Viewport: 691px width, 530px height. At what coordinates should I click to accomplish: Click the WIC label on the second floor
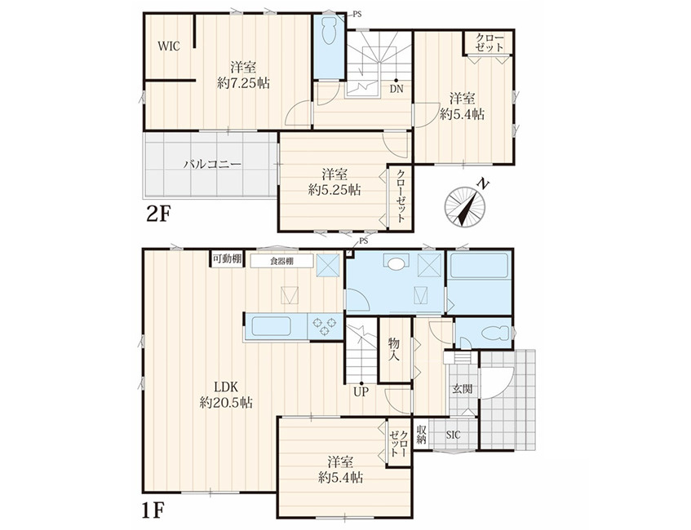coord(169,46)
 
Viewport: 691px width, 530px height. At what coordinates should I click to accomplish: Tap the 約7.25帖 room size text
coord(244,83)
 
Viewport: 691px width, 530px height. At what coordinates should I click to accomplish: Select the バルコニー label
coord(213,165)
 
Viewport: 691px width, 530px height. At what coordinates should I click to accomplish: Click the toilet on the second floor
coord(329,30)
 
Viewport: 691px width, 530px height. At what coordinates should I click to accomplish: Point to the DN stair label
coord(396,89)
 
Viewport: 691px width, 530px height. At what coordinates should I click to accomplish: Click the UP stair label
coord(361,391)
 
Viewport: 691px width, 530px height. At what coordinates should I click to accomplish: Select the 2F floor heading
coord(157,214)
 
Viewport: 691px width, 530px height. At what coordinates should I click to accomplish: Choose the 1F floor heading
coord(153,511)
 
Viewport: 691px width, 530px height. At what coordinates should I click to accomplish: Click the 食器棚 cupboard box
coord(282,261)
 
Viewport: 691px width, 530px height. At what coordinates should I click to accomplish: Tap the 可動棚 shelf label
coord(227,259)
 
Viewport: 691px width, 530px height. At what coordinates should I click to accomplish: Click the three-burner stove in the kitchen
coord(325,326)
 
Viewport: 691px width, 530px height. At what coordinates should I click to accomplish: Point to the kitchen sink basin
coord(271,326)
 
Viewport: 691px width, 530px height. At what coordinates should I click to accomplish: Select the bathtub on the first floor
coord(480,265)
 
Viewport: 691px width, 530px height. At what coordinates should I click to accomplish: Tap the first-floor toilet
coord(496,333)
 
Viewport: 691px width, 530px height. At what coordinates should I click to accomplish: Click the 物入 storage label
coord(394,349)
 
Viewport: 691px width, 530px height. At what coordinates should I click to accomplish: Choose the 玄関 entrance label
coord(463,389)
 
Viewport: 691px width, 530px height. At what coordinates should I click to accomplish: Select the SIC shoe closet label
coord(453,435)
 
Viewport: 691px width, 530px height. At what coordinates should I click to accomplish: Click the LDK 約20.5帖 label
coord(226,395)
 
